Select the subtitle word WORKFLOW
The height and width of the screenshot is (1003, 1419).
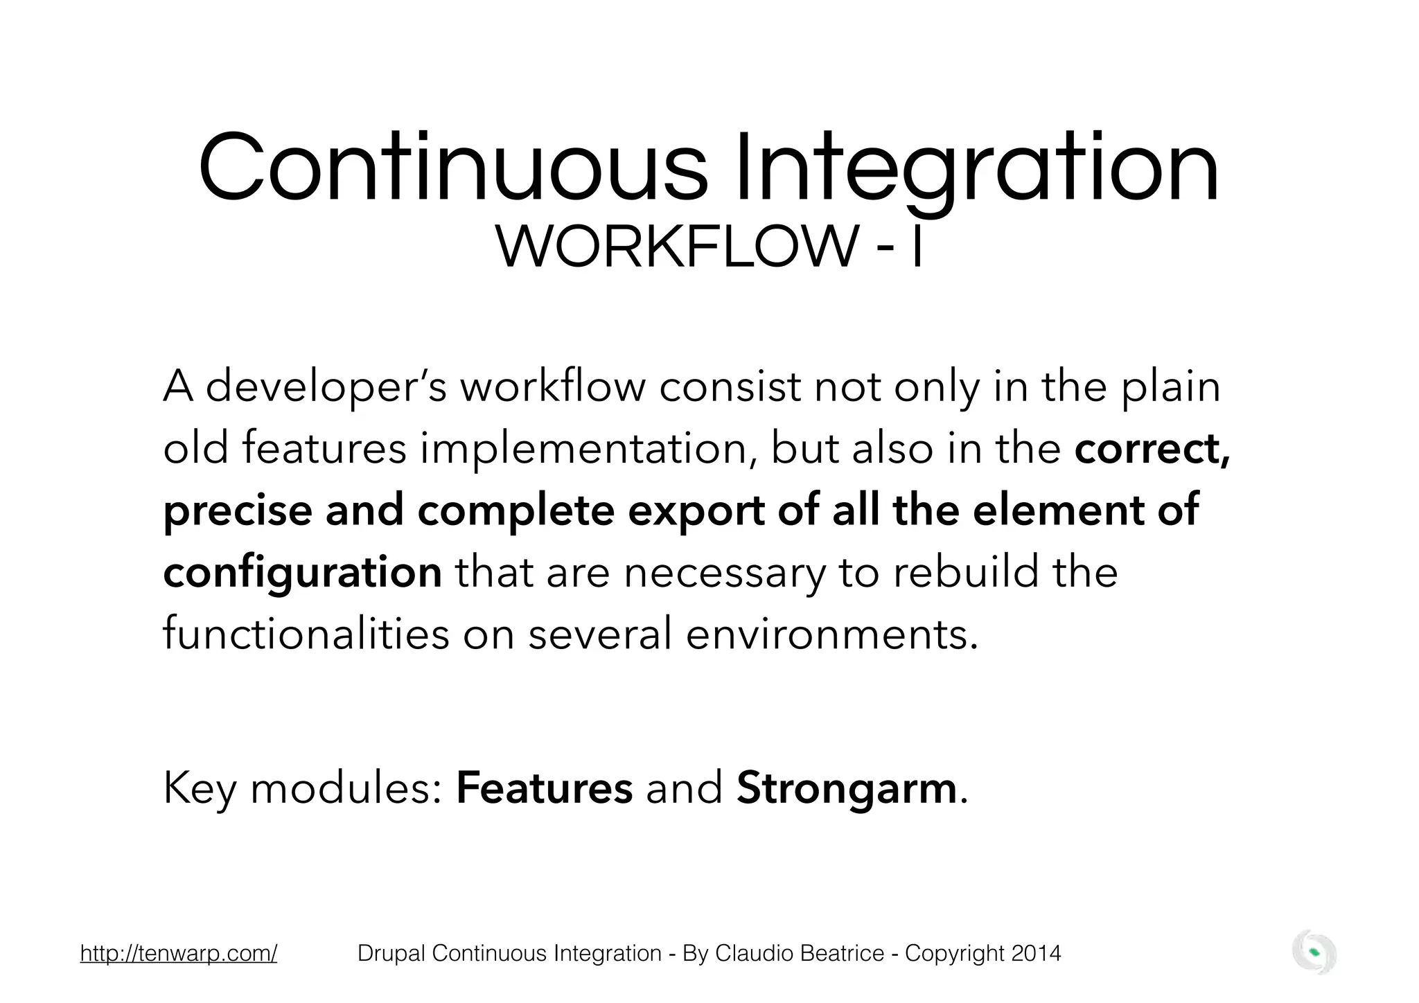pyautogui.click(x=676, y=248)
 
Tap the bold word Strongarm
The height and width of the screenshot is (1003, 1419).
pyautogui.click(x=846, y=788)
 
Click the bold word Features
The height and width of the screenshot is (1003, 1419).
pyautogui.click(x=544, y=788)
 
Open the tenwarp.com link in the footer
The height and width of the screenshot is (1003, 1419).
pyautogui.click(x=179, y=953)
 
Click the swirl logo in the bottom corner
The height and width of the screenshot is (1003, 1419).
pyautogui.click(x=1314, y=953)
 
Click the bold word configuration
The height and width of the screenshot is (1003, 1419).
pyautogui.click(x=302, y=572)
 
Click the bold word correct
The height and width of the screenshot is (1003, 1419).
pyautogui.click(x=1151, y=449)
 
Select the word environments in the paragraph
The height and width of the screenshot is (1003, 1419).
pyautogui.click(x=831, y=634)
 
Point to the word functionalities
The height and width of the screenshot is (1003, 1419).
pyautogui.click(x=306, y=634)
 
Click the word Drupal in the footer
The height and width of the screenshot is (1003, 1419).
pyautogui.click(x=391, y=953)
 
